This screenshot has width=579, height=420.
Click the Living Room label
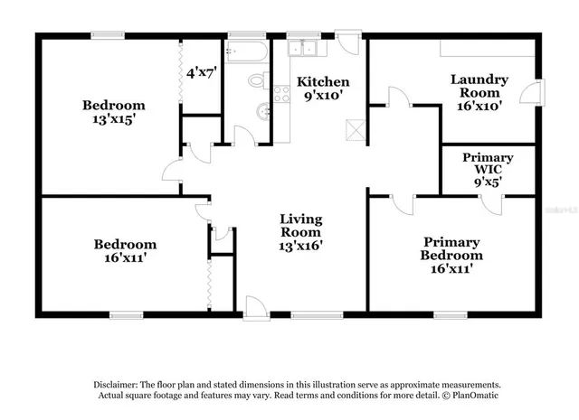click(x=301, y=219)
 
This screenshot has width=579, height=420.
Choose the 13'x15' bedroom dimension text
click(x=113, y=117)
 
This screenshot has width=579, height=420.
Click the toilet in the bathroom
click(x=256, y=82)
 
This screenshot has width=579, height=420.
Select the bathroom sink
click(x=262, y=113)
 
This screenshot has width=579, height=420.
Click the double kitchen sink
click(x=300, y=49)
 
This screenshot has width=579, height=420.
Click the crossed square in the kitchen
click(x=356, y=128)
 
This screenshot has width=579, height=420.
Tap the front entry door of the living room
click(x=255, y=307)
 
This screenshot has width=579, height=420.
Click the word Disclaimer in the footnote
click(x=114, y=384)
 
